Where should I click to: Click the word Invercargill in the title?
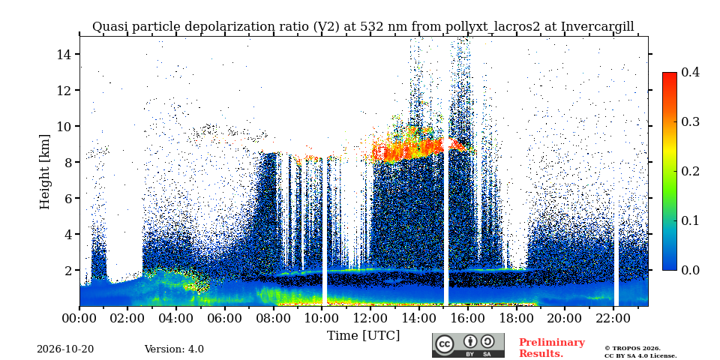tap(597, 27)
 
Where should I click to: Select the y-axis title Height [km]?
tap(44, 172)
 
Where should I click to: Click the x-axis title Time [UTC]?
tap(363, 336)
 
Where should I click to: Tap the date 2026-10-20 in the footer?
tap(65, 349)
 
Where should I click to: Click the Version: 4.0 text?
tap(174, 349)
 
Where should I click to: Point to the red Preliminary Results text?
tap(552, 348)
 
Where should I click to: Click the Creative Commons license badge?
tap(468, 345)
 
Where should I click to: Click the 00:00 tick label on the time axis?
tap(79, 318)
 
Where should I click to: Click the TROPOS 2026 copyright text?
tap(632, 349)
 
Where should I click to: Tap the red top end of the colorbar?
tap(670, 73)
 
